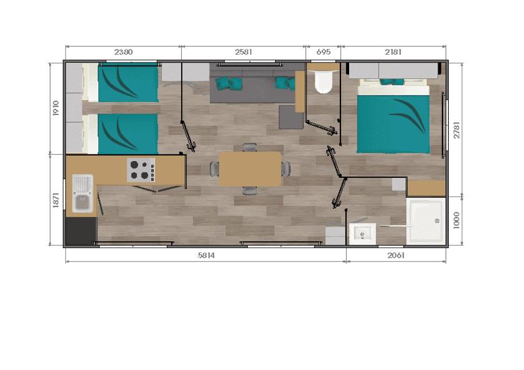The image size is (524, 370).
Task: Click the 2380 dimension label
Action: tap(123, 52)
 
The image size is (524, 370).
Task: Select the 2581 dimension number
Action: tap(243, 52)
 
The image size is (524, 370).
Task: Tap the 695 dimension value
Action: tap(324, 52)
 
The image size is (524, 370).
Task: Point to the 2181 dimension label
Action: tap(393, 52)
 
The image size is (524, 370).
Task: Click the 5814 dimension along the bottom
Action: tap(206, 256)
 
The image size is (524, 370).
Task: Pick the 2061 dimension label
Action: tap(396, 256)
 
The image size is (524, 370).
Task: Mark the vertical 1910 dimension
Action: tap(56, 108)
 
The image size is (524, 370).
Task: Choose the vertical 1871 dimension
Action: tap(56, 200)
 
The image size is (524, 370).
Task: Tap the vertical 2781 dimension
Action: tap(457, 130)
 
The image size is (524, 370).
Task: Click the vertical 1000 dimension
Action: tap(457, 220)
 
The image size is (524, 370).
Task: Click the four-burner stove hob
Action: tap(141, 170)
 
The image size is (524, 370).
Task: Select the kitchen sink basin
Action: tap(83, 193)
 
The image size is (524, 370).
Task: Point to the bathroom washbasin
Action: tap(362, 233)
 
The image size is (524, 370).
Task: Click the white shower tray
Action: tap(426, 221)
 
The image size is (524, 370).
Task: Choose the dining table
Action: tap(250, 169)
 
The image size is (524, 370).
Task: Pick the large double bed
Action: tap(394, 116)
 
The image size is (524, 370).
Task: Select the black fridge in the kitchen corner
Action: tap(81, 231)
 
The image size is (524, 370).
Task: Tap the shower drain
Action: tap(437, 221)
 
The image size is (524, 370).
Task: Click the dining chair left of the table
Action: tap(214, 169)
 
